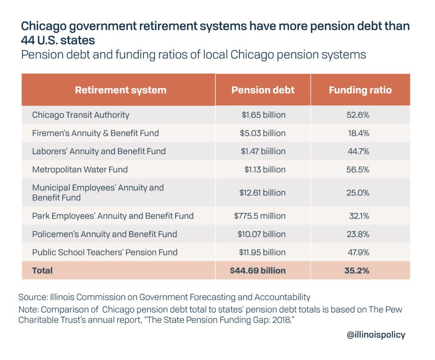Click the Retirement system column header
(121, 90)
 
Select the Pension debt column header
(263, 90)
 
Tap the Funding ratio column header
(360, 90)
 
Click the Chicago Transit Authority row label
(81, 115)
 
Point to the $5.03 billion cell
(263, 133)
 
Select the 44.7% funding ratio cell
(359, 152)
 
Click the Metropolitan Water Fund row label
(80, 170)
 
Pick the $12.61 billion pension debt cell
(263, 193)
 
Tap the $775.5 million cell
(260, 216)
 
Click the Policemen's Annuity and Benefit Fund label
(105, 234)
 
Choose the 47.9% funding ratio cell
(359, 252)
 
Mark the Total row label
(42, 270)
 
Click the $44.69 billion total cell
(258, 270)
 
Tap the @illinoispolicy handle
(376, 335)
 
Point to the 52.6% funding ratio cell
(359, 115)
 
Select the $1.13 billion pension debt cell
(265, 170)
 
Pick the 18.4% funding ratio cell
(359, 133)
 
